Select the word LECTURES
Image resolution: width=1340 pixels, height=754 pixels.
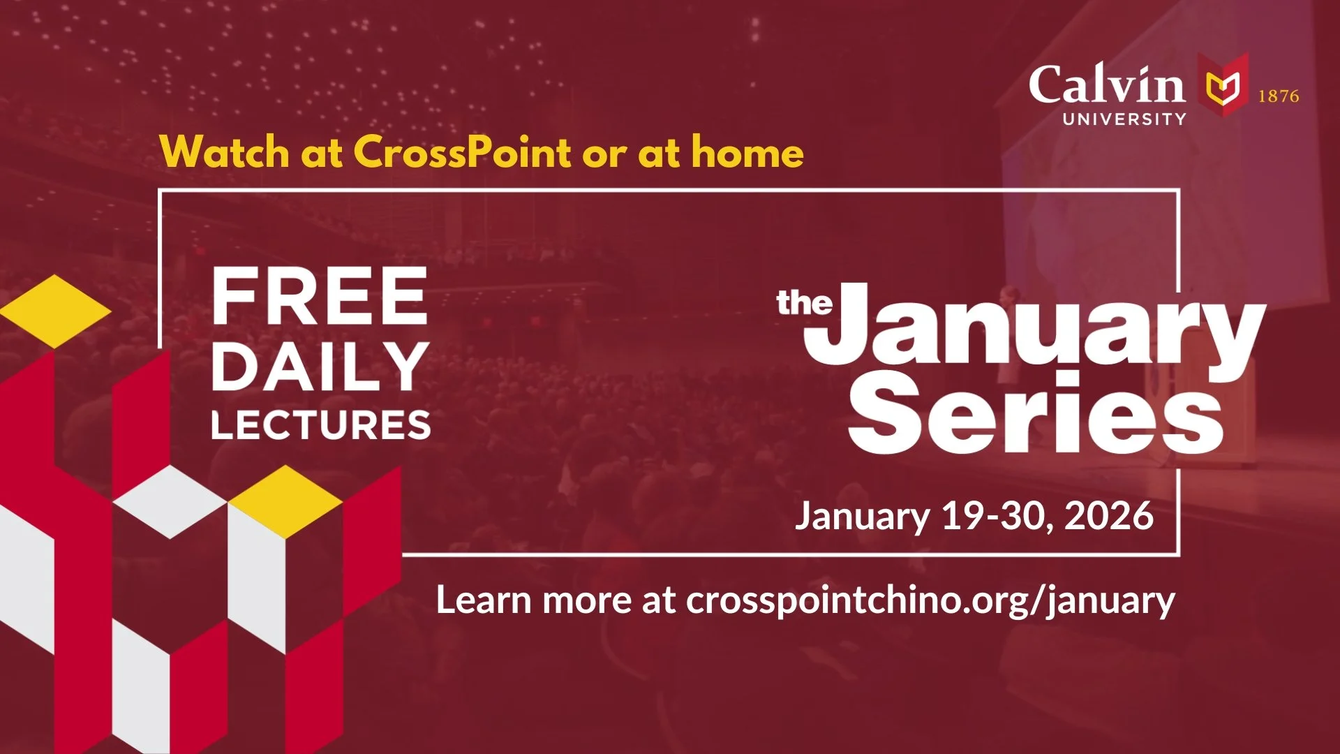(x=321, y=424)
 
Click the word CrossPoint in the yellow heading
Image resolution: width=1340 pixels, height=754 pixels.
(x=462, y=151)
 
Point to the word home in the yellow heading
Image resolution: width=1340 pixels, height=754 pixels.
(x=747, y=151)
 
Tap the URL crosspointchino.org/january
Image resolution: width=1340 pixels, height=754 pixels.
(x=930, y=600)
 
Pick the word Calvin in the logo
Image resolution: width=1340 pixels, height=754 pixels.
(x=1106, y=85)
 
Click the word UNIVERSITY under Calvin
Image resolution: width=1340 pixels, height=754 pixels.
(x=1124, y=119)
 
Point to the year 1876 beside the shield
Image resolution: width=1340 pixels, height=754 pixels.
(x=1279, y=96)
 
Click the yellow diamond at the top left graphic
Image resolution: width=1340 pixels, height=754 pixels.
(x=54, y=311)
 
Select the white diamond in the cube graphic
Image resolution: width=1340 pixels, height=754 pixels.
(x=170, y=501)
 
